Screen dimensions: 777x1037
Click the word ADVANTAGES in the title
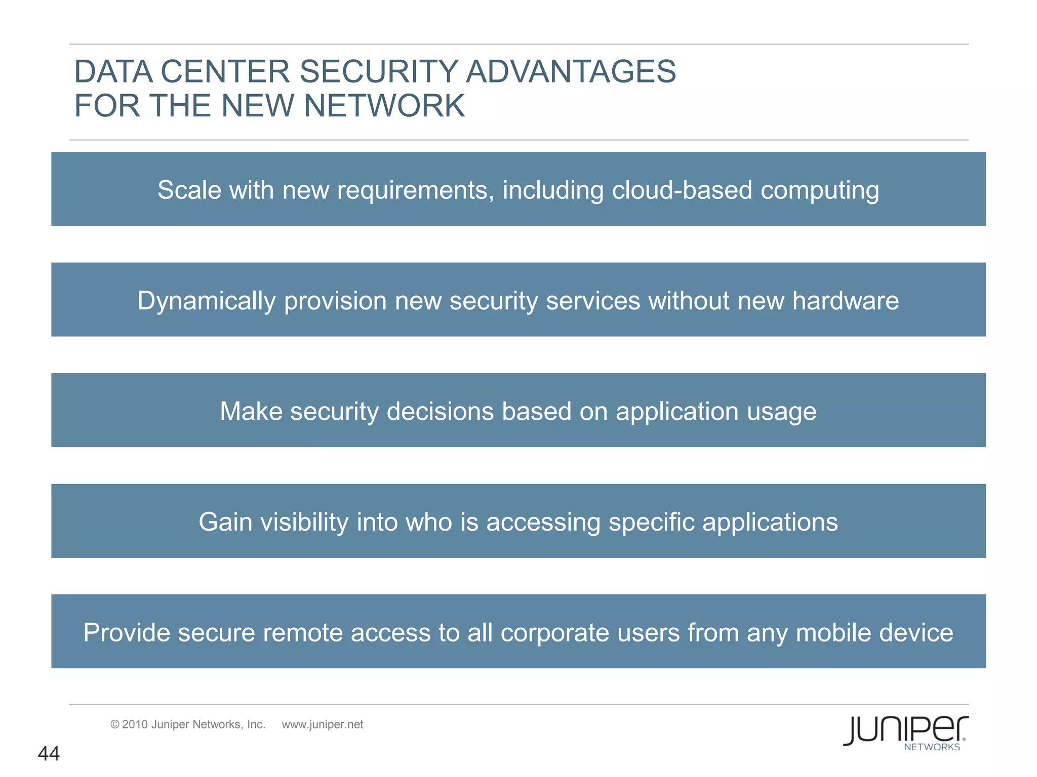point(571,71)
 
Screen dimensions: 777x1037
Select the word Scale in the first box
point(189,190)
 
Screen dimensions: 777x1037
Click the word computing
point(820,191)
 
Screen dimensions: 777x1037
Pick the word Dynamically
point(207,301)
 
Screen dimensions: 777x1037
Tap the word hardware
point(846,300)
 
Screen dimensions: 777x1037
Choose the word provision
point(335,301)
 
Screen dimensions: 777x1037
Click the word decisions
point(440,411)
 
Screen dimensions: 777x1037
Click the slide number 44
point(49,754)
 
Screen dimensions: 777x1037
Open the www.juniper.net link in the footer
point(323,724)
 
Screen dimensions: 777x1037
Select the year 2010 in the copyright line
point(135,724)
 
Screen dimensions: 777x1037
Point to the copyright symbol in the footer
point(115,724)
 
